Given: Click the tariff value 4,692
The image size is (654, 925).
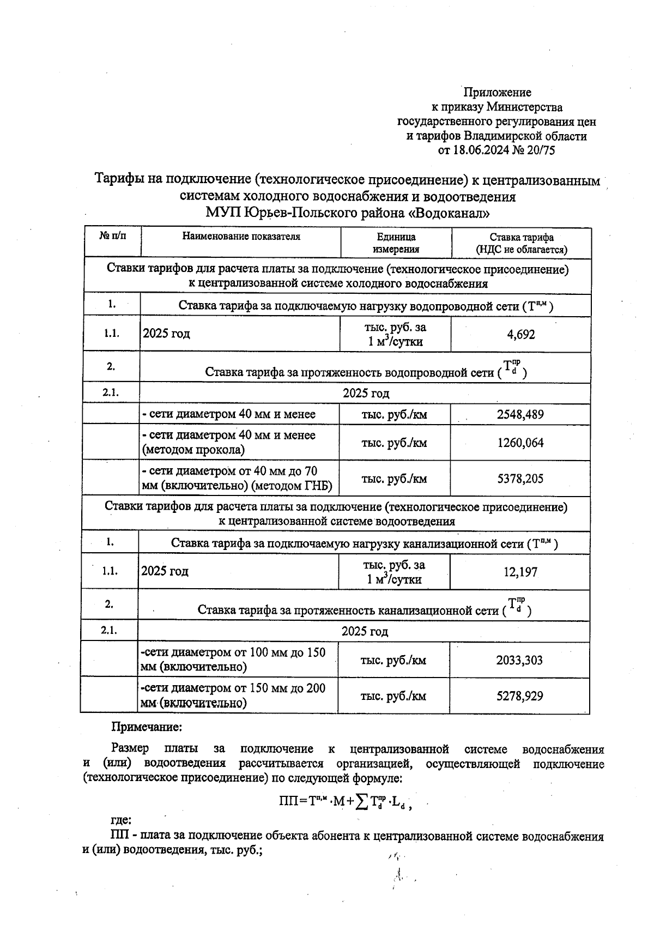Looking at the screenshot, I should [521, 335].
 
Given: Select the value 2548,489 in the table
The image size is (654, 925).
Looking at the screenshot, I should [520, 414].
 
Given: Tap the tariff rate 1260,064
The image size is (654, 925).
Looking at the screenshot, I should [520, 443].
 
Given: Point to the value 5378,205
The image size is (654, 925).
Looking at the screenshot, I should [520, 479].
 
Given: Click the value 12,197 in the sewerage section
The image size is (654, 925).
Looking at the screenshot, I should [520, 572].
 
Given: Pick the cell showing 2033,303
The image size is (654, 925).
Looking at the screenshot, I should [519, 660].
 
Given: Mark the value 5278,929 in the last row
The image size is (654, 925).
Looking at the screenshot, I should [519, 696].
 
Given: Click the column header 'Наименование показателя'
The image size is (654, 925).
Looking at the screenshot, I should [241, 237].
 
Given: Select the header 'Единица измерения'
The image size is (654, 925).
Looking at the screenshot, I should [396, 243].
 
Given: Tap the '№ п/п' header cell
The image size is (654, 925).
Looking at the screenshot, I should [112, 236].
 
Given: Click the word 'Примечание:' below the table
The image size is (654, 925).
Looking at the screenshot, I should [147, 727].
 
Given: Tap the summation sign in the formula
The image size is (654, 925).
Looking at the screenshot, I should [362, 801].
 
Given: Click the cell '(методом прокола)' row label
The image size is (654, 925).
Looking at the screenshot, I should [193, 450].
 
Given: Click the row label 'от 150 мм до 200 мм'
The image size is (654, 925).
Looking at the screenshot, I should [233, 696].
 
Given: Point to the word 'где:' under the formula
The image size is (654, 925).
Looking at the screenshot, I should [120, 820].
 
